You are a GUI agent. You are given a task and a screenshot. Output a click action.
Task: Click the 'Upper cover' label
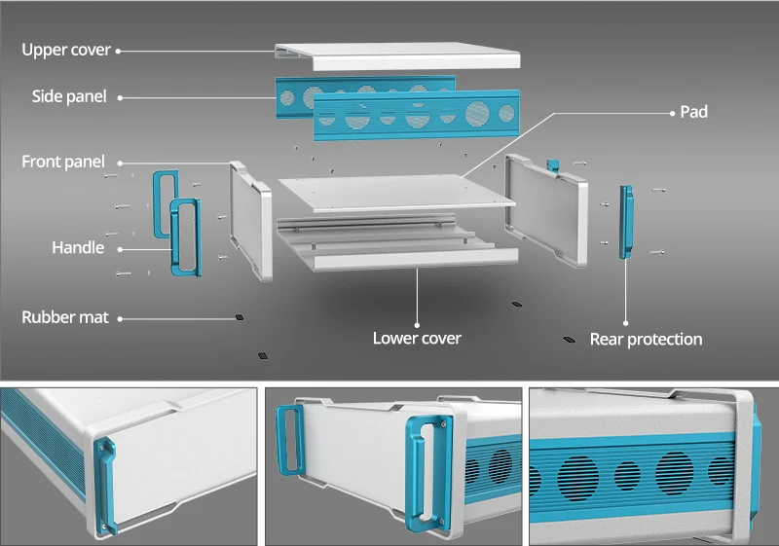[66, 50]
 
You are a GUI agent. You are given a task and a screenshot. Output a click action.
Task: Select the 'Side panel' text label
[69, 96]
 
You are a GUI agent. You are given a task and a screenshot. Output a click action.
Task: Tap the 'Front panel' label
[63, 162]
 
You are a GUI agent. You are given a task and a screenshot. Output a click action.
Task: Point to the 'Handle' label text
[78, 247]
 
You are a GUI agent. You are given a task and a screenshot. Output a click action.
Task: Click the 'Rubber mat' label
[65, 317]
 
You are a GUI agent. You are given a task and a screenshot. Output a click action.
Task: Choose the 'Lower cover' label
[417, 338]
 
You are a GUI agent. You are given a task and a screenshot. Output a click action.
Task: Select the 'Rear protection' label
[646, 339]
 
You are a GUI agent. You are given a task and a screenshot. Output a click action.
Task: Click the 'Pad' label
[693, 112]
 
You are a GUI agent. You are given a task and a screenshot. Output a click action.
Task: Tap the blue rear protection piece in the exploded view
[624, 222]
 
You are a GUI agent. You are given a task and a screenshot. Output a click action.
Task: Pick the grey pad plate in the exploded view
[394, 190]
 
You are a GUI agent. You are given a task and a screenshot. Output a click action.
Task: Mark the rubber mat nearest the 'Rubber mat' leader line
[239, 316]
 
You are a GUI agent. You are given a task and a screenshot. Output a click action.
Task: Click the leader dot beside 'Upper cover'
[119, 51]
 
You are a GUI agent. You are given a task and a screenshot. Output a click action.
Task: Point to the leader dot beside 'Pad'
[671, 113]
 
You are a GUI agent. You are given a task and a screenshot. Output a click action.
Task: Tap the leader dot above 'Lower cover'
[417, 323]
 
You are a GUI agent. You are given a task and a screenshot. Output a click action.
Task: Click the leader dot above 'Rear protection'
[625, 323]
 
